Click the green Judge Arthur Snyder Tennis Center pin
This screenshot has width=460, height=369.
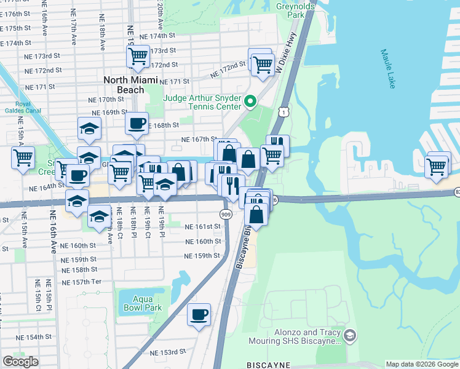(250, 101)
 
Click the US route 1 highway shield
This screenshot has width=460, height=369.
(283, 111)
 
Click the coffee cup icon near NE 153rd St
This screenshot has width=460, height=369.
(199, 314)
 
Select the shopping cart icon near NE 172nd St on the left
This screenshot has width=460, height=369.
(138, 57)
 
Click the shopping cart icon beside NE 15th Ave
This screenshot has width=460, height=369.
(23, 157)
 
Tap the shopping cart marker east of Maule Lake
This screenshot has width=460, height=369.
(437, 165)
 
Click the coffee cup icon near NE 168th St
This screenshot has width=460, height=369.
(137, 122)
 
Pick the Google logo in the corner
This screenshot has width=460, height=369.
(21, 362)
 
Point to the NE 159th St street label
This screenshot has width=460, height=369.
(202, 255)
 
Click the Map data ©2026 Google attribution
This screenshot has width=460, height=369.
(422, 364)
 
